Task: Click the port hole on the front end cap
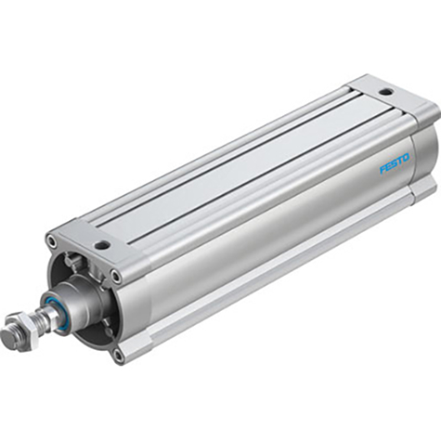pyautogui.click(x=102, y=246)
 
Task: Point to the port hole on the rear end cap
pyautogui.click(x=385, y=94)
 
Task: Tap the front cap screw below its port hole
pyautogui.click(x=115, y=275)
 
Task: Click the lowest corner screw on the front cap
pyautogui.click(x=118, y=353)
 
